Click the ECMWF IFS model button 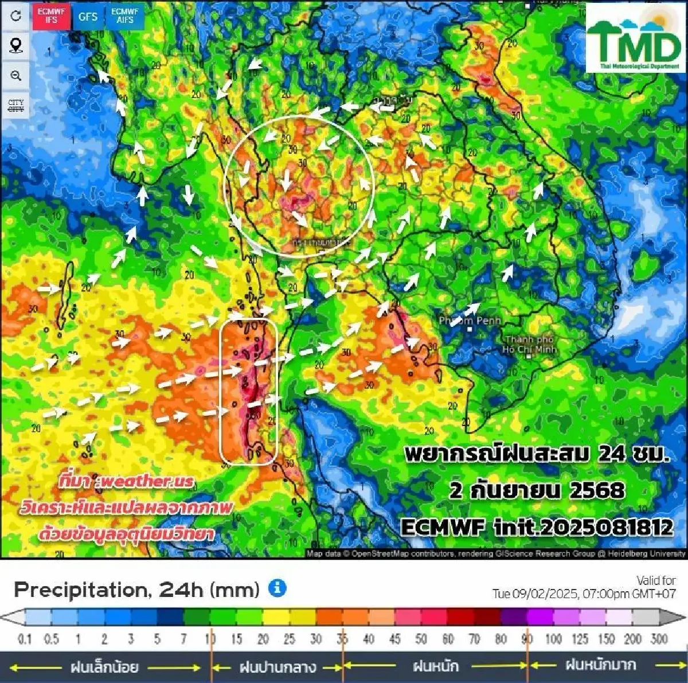(51, 16)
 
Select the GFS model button (88, 17)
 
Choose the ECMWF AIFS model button (124, 16)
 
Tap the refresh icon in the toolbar (16, 15)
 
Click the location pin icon (16, 45)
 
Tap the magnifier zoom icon (16, 75)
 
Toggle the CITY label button (16, 106)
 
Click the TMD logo (635, 39)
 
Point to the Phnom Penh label (470, 321)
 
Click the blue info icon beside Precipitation (277, 588)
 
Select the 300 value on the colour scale (659, 639)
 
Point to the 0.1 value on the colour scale (25, 639)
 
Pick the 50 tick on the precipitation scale (421, 639)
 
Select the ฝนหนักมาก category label (600, 665)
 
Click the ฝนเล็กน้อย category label (104, 667)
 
